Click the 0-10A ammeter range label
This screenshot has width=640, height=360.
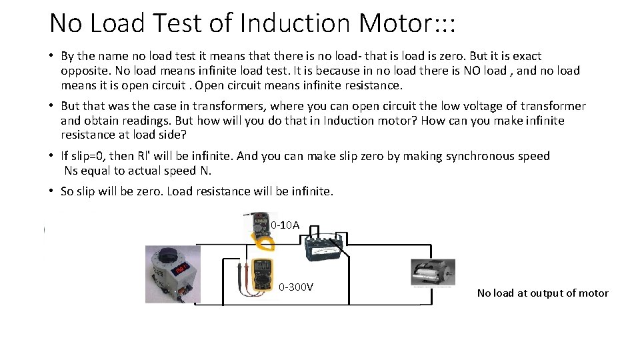(285, 225)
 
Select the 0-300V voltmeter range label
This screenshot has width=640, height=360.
(296, 287)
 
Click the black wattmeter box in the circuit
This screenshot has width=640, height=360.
(325, 249)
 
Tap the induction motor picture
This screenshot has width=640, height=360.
(433, 273)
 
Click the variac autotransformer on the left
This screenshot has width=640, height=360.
(172, 274)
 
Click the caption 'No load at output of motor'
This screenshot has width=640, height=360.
(543, 293)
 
